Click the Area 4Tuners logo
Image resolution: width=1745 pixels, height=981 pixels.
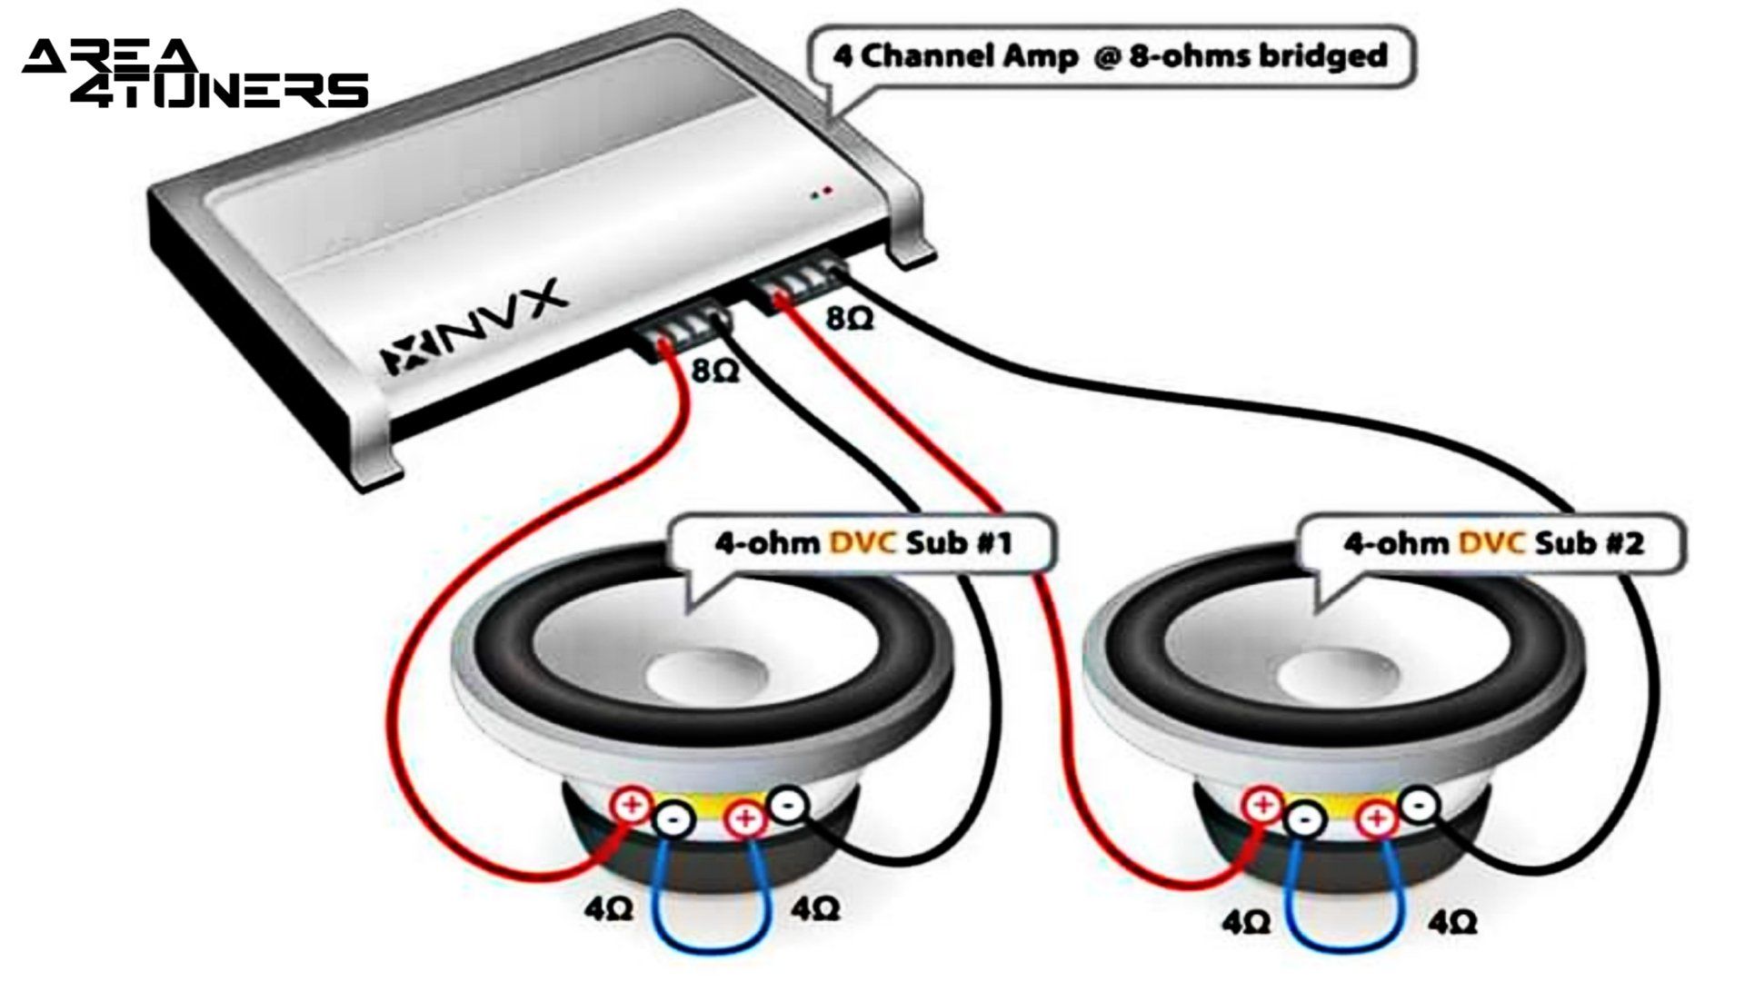coord(195,73)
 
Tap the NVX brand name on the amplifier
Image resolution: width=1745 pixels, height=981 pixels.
coord(473,327)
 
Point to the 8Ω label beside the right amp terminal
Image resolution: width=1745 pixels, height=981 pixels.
coord(849,318)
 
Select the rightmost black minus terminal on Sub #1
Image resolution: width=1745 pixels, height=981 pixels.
coord(787,804)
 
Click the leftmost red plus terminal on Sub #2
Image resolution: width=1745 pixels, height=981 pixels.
coord(1261,805)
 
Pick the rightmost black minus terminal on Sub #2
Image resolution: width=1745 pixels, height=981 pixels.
coord(1418,804)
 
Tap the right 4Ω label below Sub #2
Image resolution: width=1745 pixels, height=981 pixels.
coord(1451,923)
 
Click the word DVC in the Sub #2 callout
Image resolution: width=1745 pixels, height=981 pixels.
coord(1491,544)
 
